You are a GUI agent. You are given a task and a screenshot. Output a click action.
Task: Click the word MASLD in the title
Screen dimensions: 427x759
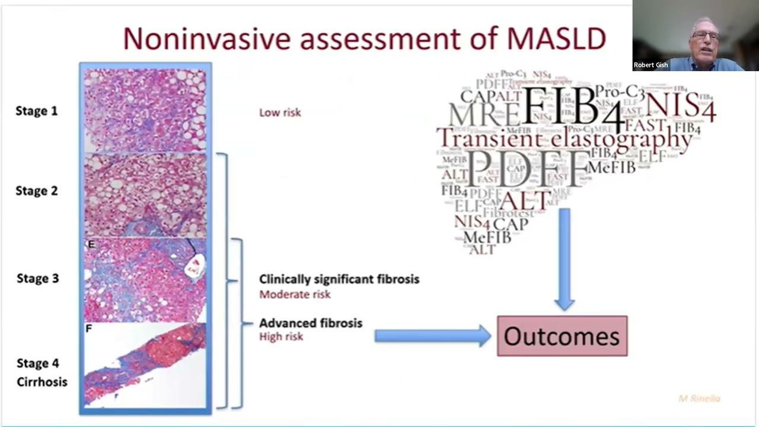(556, 39)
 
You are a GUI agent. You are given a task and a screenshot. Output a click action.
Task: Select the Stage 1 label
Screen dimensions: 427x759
(36, 111)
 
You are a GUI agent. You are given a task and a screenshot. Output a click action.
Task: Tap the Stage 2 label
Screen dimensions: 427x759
(36, 190)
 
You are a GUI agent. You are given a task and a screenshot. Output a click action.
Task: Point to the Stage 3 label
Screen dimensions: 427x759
(37, 278)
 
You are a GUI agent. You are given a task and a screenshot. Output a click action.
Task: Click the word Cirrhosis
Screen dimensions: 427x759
(42, 382)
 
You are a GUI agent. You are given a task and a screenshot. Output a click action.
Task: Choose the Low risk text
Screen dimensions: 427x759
(280, 112)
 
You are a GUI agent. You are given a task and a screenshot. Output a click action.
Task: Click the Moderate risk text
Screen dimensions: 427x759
(295, 294)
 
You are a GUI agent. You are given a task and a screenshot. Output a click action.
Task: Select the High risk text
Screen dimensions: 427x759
(281, 336)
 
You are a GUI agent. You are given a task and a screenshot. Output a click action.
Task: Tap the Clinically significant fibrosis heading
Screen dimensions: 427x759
(339, 279)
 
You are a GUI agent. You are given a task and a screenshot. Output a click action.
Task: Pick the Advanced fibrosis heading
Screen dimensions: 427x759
(310, 323)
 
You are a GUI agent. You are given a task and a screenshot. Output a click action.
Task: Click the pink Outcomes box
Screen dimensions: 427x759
(562, 336)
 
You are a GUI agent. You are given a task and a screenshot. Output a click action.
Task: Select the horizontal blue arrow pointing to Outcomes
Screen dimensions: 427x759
(432, 336)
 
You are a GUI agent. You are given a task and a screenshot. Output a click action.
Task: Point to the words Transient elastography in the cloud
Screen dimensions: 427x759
(563, 138)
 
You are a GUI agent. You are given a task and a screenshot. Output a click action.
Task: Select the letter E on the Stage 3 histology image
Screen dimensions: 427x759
(91, 244)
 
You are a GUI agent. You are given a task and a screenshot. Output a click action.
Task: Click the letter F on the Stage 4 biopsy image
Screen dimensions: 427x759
(89, 327)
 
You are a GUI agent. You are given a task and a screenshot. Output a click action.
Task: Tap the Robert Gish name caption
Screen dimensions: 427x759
(650, 65)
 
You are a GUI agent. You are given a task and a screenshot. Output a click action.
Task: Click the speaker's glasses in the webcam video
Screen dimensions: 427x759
(706, 36)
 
